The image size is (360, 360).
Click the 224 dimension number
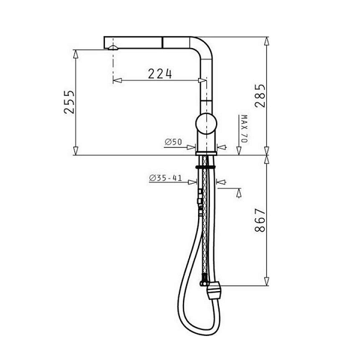click(x=160, y=74)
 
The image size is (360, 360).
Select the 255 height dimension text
click(x=69, y=102)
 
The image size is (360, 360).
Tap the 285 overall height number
click(x=260, y=96)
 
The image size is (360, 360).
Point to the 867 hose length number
click(x=260, y=220)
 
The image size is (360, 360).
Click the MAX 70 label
click(x=244, y=129)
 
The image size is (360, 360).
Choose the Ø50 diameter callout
click(x=173, y=142)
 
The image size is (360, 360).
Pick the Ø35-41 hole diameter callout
click(x=166, y=178)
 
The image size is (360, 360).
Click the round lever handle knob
click(x=206, y=124)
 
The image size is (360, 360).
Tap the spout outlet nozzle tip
click(x=113, y=47)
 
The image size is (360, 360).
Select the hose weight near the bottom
click(x=214, y=290)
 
